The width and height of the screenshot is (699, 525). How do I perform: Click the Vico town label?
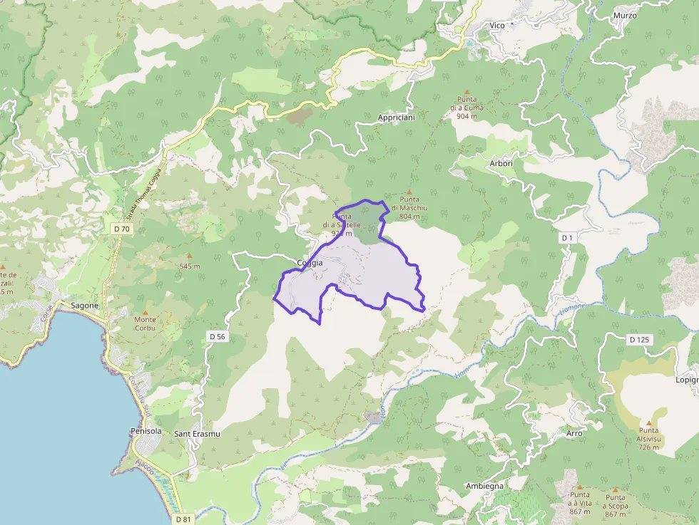pyautogui.click(x=497, y=26)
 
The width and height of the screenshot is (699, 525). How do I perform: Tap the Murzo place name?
pyautogui.click(x=625, y=15)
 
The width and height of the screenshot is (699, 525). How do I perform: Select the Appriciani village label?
pyautogui.click(x=397, y=116)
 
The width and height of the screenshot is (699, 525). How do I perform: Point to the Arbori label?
pyautogui.click(x=501, y=162)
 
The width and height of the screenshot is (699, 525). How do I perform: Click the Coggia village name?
pyautogui.click(x=310, y=263)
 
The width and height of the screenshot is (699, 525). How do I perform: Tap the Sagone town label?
pyautogui.click(x=85, y=306)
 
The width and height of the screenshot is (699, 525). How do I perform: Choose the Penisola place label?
pyautogui.click(x=146, y=432)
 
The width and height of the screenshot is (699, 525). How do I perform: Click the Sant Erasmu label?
pyautogui.click(x=197, y=434)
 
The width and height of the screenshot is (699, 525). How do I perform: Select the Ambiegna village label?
pyautogui.click(x=484, y=486)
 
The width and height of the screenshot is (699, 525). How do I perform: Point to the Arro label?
pyautogui.click(x=574, y=433)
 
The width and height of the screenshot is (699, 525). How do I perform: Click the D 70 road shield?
pyautogui.click(x=121, y=229)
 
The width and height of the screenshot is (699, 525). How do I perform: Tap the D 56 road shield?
pyautogui.click(x=218, y=336)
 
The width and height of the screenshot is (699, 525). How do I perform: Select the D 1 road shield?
pyautogui.click(x=568, y=237)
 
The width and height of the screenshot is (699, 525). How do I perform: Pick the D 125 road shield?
pyautogui.click(x=639, y=340)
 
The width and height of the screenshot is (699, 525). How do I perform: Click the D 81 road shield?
pyautogui.click(x=183, y=519)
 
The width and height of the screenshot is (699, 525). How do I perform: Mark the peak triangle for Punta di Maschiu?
pyautogui.click(x=409, y=192)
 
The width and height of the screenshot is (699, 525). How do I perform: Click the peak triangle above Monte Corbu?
pyautogui.click(x=146, y=312)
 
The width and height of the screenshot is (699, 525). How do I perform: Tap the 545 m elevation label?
pyautogui.click(x=190, y=266)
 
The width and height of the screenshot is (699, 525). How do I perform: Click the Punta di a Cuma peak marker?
pyautogui.click(x=467, y=92)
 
